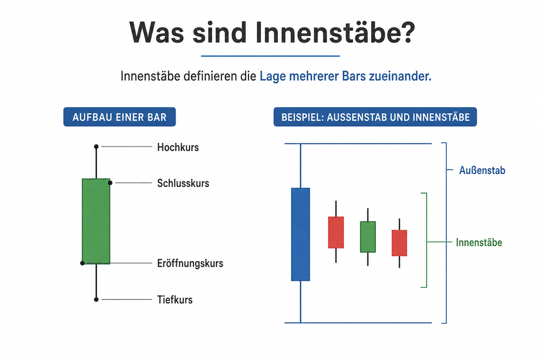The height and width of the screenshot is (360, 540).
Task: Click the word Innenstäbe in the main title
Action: [335, 33]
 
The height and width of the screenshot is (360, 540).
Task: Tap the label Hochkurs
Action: [178, 147]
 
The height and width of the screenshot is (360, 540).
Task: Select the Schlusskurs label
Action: [183, 183]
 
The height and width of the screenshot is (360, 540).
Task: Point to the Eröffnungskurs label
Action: [190, 264]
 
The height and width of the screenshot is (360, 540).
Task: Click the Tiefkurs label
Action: [175, 299]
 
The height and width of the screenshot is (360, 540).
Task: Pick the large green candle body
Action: [96, 221]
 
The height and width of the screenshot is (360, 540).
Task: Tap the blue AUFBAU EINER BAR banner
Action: [120, 117]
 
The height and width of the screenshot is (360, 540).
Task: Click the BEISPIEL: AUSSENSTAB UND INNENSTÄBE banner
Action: [375, 117]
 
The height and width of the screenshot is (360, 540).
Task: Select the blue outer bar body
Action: [300, 235]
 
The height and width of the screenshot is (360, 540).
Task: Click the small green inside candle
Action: [368, 237]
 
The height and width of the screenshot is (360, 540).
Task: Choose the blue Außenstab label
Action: [482, 170]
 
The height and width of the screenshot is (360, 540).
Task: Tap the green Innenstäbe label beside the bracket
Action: [479, 242]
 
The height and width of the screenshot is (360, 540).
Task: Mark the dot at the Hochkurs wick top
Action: [97, 147]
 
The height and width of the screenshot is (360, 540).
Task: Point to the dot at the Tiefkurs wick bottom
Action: [97, 299]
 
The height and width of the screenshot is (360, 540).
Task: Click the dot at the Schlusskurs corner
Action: [110, 183]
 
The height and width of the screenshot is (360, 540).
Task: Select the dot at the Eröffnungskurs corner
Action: [82, 264]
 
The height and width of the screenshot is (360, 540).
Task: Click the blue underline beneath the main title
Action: [271, 56]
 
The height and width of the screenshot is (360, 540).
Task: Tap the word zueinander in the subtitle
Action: [400, 76]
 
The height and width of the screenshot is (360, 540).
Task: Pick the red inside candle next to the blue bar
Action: [336, 232]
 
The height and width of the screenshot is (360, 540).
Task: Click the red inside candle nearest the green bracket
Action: [400, 243]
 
